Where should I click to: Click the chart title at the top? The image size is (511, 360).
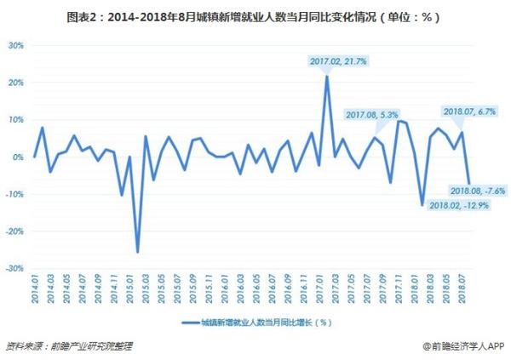255,15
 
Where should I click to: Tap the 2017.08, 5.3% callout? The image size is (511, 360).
372,114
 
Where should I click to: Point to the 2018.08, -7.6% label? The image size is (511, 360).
477,191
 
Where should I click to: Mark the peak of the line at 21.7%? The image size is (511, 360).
327,77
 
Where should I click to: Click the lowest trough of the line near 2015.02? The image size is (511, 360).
137,252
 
